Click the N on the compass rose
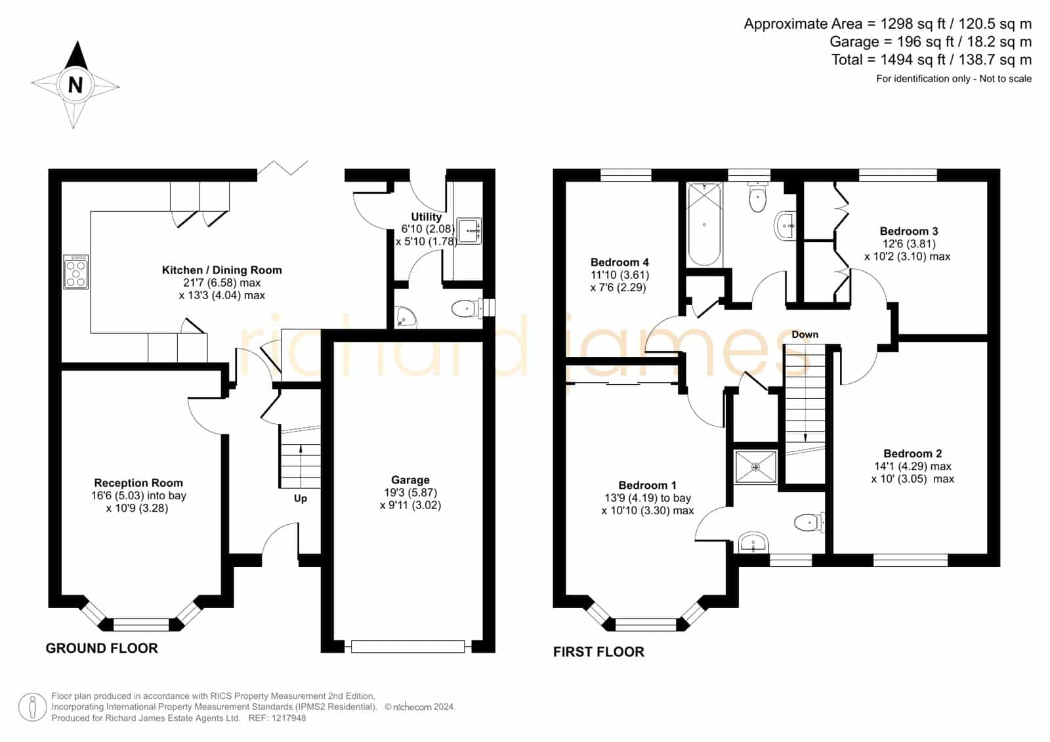75,85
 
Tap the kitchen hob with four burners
76,272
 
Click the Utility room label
426,216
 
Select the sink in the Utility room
469,231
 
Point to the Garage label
410,480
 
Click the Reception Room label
138,483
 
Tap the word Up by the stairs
301,498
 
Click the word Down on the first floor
805,334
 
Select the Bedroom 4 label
619,262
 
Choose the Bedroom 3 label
908,231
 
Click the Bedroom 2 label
913,453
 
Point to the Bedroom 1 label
647,485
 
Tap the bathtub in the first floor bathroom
705,224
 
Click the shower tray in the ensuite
755,467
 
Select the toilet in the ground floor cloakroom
467,308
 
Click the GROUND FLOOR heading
102,648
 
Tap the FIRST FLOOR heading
598,651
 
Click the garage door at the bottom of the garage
408,647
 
